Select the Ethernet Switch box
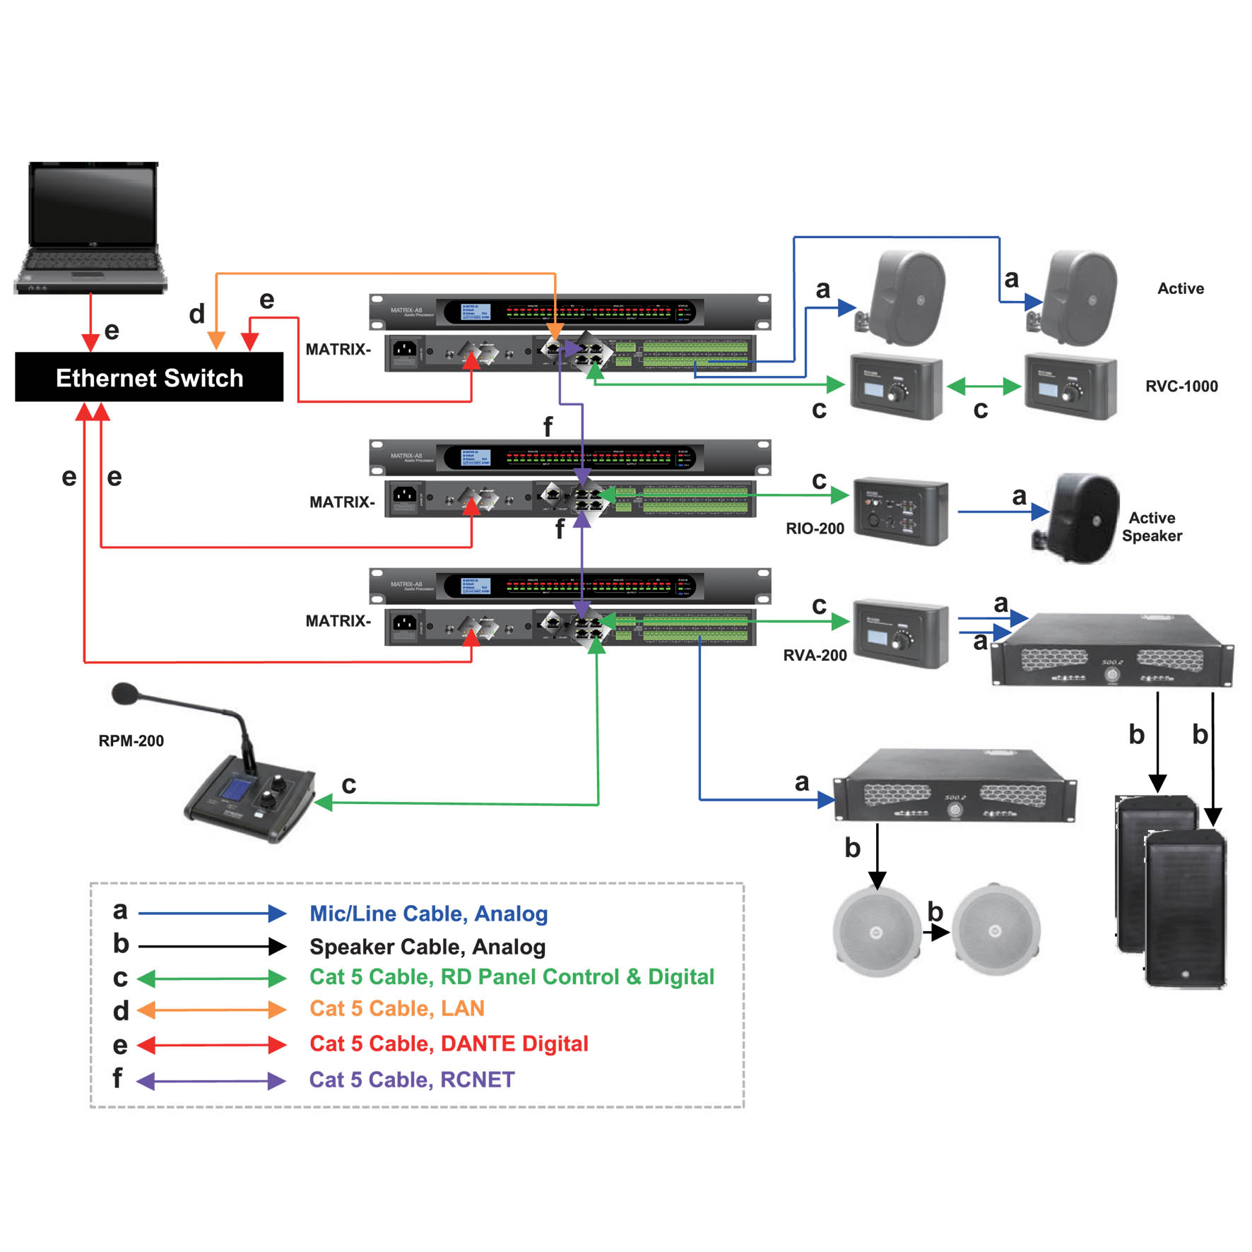pos(149,377)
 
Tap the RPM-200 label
pos(131,740)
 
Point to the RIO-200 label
pos(815,528)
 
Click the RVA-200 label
pos(815,655)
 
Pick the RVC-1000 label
pos(1181,386)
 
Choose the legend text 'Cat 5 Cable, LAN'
pos(397,1008)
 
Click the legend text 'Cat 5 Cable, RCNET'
pos(412,1080)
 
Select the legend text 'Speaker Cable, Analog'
pos(427,947)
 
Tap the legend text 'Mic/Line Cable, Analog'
pos(429,914)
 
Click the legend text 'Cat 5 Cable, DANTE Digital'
pos(449,1044)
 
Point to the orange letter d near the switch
pos(196,314)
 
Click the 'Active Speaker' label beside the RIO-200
pos(1152,527)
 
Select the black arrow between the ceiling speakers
pos(936,933)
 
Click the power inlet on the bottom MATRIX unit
pos(404,622)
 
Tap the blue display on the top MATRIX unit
pos(476,312)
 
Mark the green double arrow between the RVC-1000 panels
pos(984,386)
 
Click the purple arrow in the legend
pos(211,1081)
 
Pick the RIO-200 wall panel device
pos(900,513)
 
